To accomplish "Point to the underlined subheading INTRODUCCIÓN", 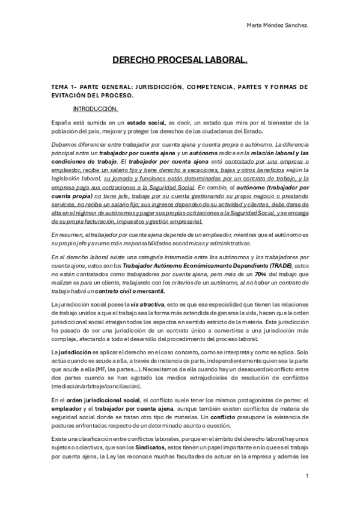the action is (x=96, y=109).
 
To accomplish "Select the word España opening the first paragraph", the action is (x=61, y=122).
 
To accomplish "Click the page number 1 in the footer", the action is (x=307, y=476).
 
